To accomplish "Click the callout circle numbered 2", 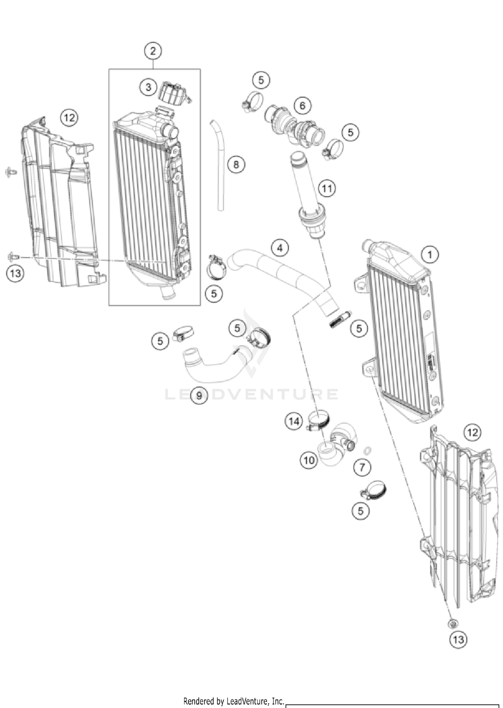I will coord(153,51).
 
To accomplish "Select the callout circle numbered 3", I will coord(148,87).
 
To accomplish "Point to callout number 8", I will coord(236,165).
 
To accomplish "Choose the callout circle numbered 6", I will coord(302,106).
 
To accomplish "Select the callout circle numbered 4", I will coord(280,248).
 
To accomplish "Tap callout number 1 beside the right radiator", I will coord(430,255).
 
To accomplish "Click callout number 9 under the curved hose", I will coord(199,396).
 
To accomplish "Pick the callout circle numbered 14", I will coord(294,421).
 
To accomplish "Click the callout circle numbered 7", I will coord(362,467).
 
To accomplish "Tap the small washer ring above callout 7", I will coord(367,450).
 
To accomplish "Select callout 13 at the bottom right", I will coord(458,640).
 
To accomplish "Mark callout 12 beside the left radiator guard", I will coord(69,118).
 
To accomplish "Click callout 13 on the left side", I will coord(15,273).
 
